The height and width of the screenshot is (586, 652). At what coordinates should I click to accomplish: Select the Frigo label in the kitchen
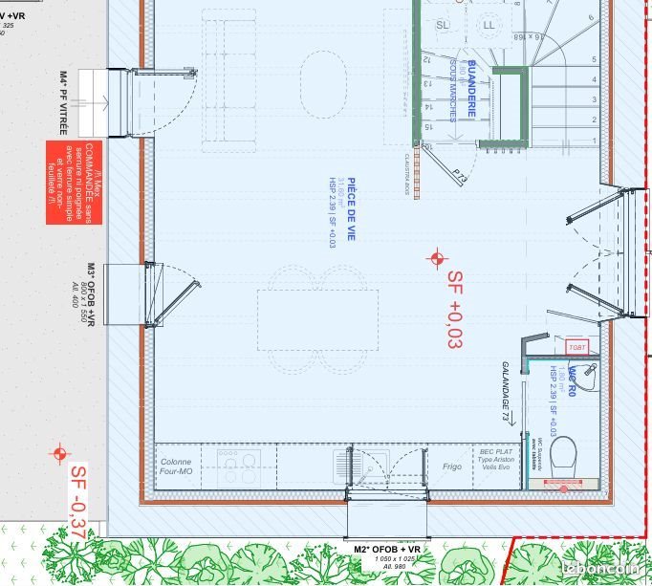pyautogui.click(x=452, y=467)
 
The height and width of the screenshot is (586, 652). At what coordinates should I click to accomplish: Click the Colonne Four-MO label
pyautogui.click(x=176, y=467)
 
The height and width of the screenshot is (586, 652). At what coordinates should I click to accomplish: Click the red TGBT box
pyautogui.click(x=577, y=346)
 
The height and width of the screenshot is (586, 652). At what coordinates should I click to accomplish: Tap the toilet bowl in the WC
pyautogui.click(x=563, y=449)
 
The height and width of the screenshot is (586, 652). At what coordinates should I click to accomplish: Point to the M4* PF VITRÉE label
pyautogui.click(x=63, y=102)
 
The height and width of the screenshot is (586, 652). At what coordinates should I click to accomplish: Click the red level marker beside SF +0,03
pyautogui.click(x=438, y=258)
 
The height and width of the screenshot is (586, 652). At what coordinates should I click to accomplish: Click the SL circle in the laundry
pyautogui.click(x=442, y=24)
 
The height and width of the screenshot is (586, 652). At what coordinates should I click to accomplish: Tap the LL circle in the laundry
pyautogui.click(x=489, y=23)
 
